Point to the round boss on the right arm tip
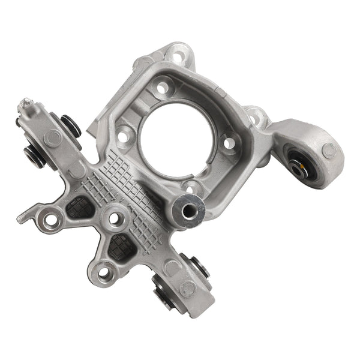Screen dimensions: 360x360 [x=329, y=150]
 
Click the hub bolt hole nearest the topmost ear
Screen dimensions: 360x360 [x=162, y=88]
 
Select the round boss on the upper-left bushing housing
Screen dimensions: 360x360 [x=53, y=138]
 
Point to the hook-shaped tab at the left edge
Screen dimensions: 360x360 [x=24, y=217]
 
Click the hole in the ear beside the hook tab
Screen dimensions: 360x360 [x=51, y=220]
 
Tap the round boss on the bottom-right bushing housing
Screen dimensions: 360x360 [x=187, y=288]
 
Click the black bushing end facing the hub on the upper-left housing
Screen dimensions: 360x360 [x=73, y=125]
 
